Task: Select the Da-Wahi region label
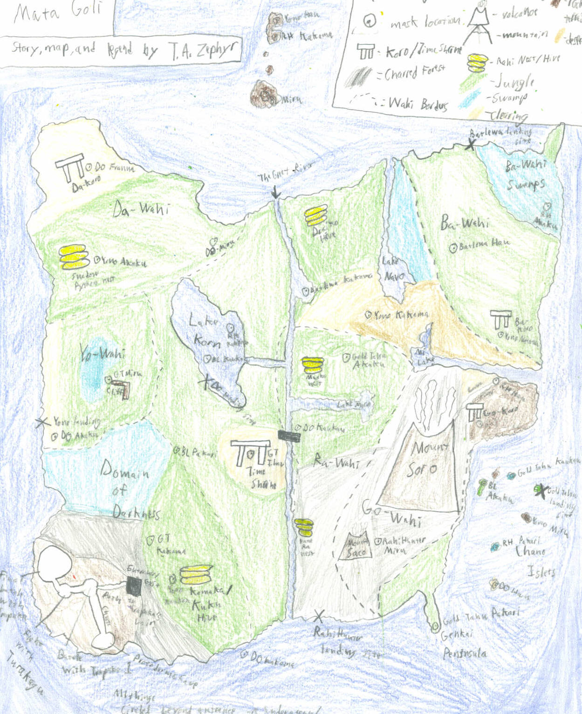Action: click(140, 209)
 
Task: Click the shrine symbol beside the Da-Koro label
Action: click(70, 168)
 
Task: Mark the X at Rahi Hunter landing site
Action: click(319, 616)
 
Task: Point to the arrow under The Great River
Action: click(275, 192)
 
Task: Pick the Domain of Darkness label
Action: click(126, 489)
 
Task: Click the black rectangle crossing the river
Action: click(289, 436)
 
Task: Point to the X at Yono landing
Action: click(43, 422)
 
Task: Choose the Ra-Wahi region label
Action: click(336, 461)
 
